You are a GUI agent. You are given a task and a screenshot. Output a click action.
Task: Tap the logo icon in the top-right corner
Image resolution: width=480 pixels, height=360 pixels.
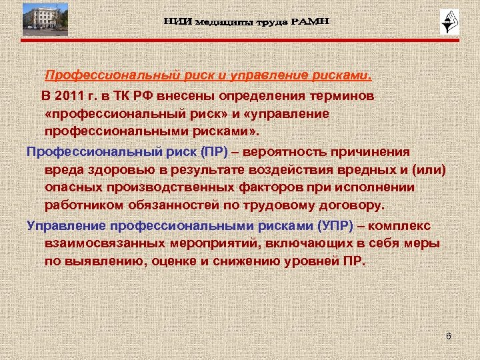click(446, 22)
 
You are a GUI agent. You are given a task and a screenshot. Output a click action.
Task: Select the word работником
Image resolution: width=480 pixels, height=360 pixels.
click(82, 206)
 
